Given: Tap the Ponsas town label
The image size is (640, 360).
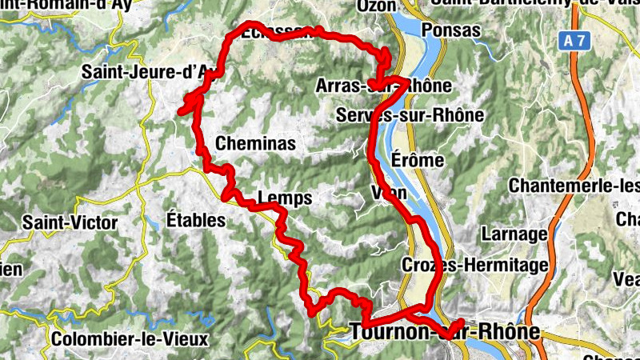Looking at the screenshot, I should coord(450,30).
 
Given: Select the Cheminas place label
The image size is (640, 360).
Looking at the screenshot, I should coord(255,144).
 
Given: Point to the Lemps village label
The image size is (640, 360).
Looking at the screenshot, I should coord(285,198).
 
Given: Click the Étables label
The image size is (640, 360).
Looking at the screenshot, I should coord(196,220).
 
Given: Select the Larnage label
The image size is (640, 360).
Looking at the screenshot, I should coord(514,234).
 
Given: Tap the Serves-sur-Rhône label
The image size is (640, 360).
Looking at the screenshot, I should coord(410,114).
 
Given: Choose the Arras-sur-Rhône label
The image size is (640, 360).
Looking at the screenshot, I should coord(384,86).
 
